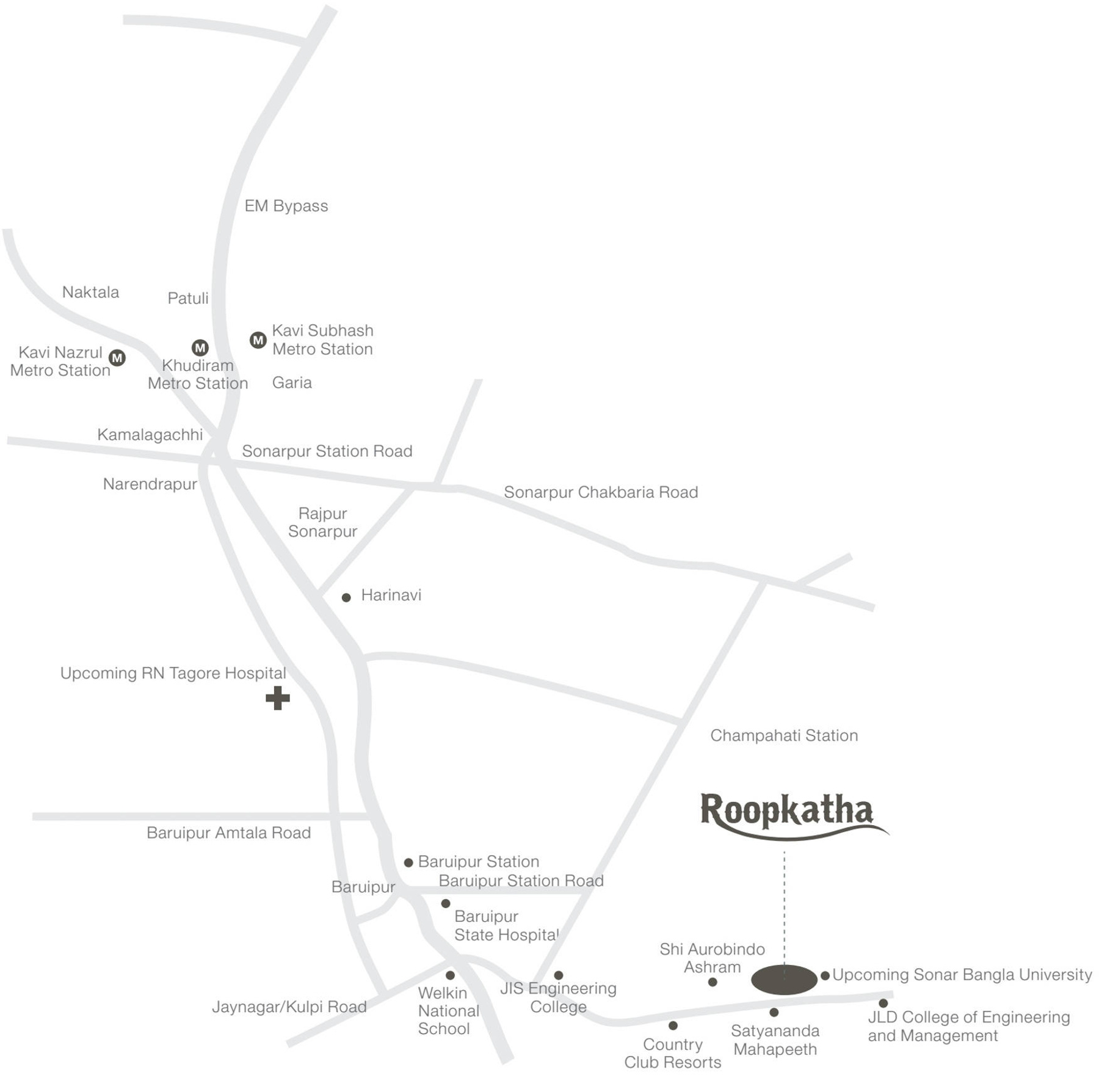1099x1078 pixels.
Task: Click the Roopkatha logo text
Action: (x=787, y=811)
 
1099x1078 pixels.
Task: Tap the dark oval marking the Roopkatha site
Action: (x=784, y=980)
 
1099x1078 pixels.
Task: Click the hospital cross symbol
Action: (x=278, y=698)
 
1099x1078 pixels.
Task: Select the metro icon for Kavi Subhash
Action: (x=258, y=340)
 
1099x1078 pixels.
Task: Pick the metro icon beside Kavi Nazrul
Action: (x=117, y=358)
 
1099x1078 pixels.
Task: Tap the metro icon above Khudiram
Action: (x=200, y=348)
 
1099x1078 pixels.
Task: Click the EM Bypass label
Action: (x=286, y=206)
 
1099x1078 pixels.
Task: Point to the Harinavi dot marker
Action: (x=346, y=597)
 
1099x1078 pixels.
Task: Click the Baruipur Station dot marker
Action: (x=408, y=862)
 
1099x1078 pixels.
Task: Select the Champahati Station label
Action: (x=784, y=735)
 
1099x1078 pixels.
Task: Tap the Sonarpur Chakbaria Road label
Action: (x=601, y=492)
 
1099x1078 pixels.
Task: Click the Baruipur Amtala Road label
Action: (x=228, y=832)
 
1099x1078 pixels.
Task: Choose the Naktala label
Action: (x=90, y=292)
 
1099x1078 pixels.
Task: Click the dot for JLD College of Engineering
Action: (x=883, y=1003)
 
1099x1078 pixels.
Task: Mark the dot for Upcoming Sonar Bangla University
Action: (x=825, y=975)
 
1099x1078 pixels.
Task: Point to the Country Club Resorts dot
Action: (x=673, y=1025)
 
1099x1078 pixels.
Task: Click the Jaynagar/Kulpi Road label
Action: (x=289, y=1007)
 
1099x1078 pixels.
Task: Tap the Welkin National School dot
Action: (x=450, y=975)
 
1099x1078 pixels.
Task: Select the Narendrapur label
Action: (x=150, y=484)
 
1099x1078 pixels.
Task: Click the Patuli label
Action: (x=188, y=298)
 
